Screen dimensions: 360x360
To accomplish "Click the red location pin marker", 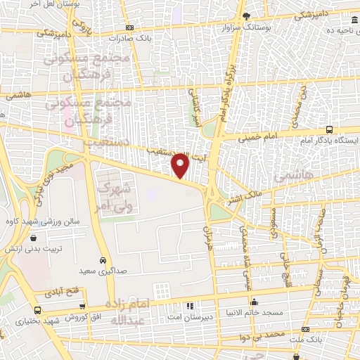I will click(181, 165).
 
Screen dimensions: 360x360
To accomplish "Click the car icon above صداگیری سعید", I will click(103, 259).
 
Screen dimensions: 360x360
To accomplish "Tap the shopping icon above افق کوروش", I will click(83, 307).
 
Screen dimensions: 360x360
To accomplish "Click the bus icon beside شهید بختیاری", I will click(37, 310).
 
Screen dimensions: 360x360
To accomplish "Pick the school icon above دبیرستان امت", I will click(188, 306).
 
